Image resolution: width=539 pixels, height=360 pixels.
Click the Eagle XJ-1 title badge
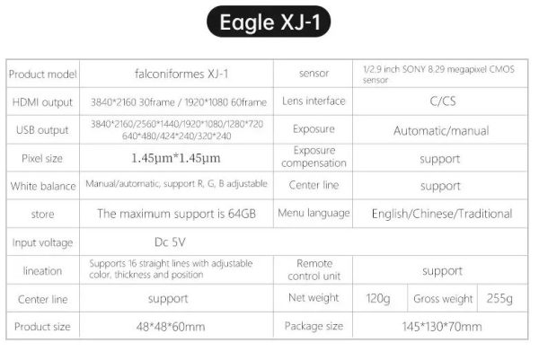(269, 22)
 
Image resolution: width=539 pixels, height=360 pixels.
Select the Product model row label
(42, 75)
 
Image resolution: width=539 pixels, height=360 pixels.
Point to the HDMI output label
(42, 102)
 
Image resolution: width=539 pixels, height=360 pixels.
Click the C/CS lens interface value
(443, 101)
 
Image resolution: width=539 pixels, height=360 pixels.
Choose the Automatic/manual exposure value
(441, 131)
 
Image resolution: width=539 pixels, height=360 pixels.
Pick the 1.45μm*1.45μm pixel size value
(176, 158)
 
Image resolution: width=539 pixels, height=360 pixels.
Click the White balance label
(43, 186)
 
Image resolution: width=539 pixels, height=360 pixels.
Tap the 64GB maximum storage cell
(176, 214)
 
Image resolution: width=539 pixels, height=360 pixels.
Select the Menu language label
(314, 214)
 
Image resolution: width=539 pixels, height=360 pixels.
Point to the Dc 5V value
(170, 242)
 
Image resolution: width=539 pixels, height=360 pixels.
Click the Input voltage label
(42, 243)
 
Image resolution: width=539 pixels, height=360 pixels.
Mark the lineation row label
(42, 271)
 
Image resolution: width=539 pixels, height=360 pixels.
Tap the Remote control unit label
(314, 269)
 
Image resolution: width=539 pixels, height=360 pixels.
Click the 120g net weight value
(378, 299)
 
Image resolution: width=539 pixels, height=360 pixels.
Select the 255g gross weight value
(499, 298)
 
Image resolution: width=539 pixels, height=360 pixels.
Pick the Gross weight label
(443, 299)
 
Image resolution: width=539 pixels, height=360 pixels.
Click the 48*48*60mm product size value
(171, 327)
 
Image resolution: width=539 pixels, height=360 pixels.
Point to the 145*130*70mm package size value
(442, 327)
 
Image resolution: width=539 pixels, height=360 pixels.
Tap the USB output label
(42, 130)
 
